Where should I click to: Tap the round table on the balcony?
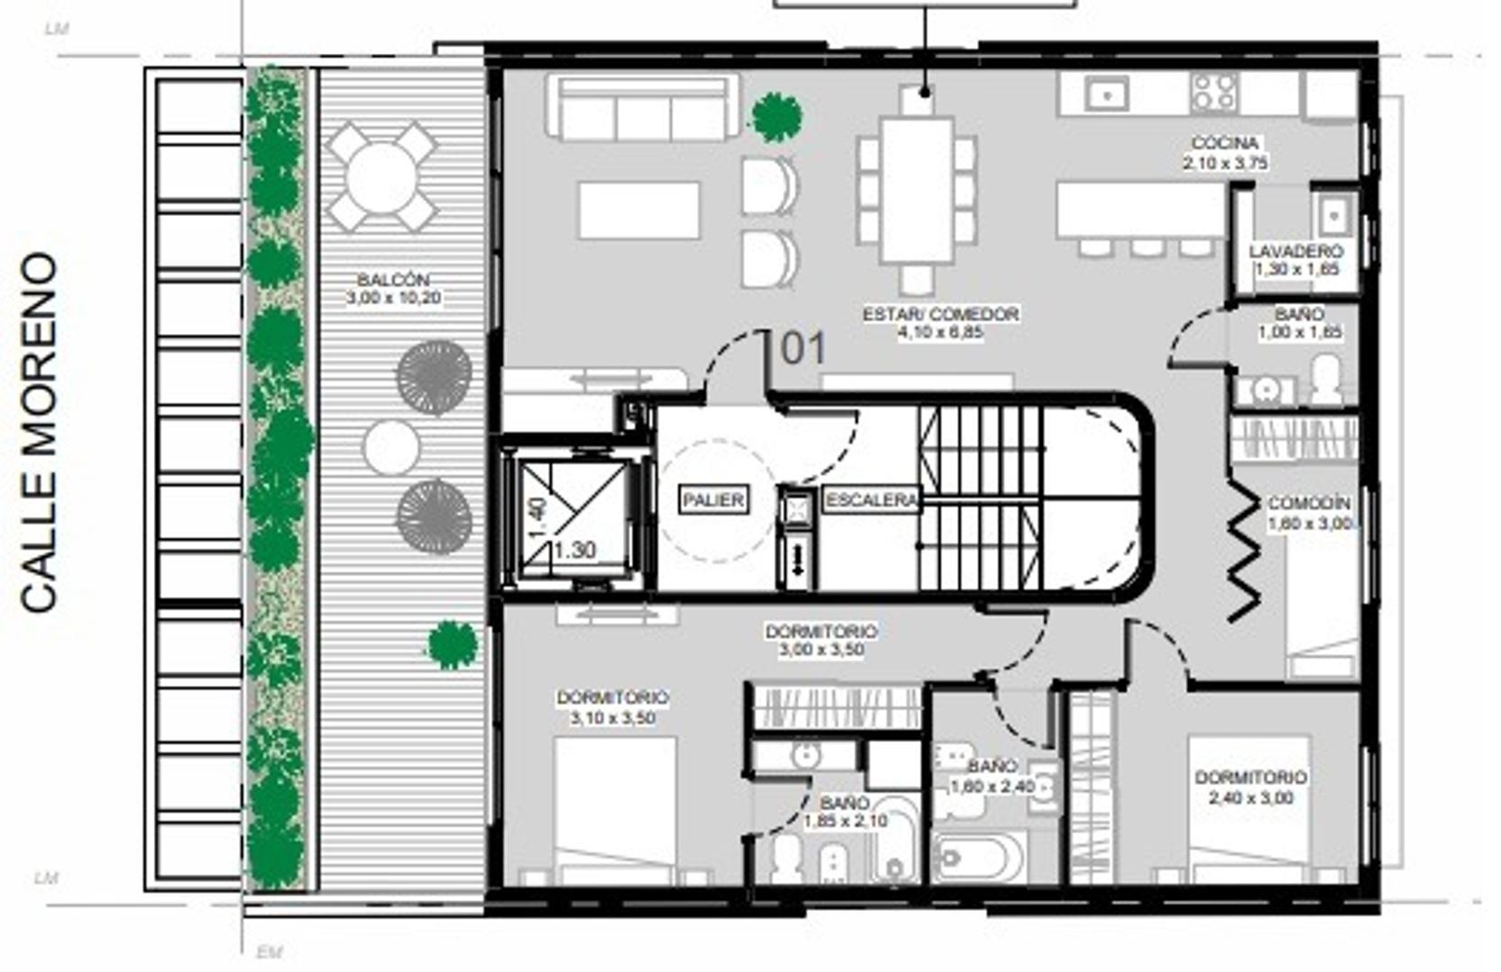[x=381, y=177]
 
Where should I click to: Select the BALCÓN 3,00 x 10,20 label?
[x=393, y=289]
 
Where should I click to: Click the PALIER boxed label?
[x=714, y=500]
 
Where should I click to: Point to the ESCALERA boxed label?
[x=871, y=500]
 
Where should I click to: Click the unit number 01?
[x=803, y=349]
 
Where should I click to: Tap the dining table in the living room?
[x=916, y=189]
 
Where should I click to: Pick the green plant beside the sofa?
[x=776, y=117]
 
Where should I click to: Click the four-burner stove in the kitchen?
[x=1213, y=92]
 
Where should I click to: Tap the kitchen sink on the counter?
[x=1106, y=93]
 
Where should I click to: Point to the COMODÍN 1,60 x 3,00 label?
[x=1310, y=513]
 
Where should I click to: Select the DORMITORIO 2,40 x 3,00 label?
[x=1250, y=787]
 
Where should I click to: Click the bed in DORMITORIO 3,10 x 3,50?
[x=615, y=805]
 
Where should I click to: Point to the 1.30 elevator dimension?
[x=574, y=549]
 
